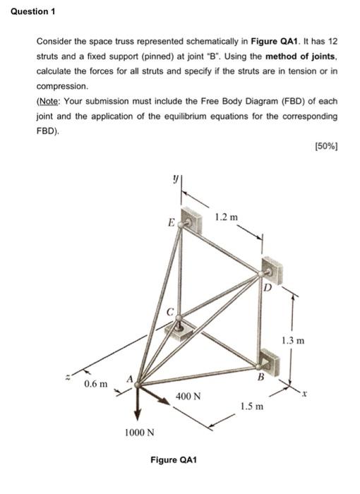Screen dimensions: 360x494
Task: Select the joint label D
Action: [x=267, y=287]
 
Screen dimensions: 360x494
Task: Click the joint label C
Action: [x=170, y=311]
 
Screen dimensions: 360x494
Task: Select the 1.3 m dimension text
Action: [x=292, y=341]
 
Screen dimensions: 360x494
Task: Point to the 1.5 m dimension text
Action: [x=251, y=406]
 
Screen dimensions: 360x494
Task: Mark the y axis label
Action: [x=169, y=181]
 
